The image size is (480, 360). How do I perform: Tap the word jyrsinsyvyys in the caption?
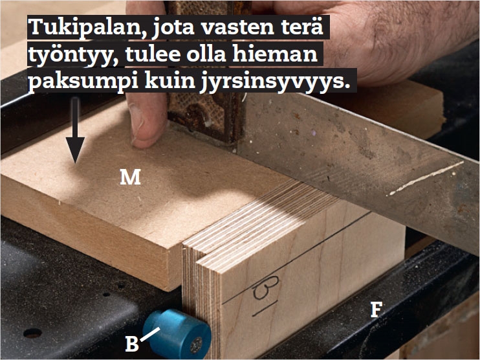coord(275,82)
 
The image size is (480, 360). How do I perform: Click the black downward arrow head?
coord(75,150)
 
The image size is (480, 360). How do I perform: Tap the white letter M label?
coord(131,177)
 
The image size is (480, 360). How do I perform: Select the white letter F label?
coord(376,309)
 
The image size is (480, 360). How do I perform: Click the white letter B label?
coord(132,344)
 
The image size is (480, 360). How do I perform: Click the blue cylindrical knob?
coord(177,333)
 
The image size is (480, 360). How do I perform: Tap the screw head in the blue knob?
coord(196,344)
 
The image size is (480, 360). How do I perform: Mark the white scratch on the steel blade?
coord(426,178)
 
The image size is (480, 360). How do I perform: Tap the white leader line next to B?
coord(150,334)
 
